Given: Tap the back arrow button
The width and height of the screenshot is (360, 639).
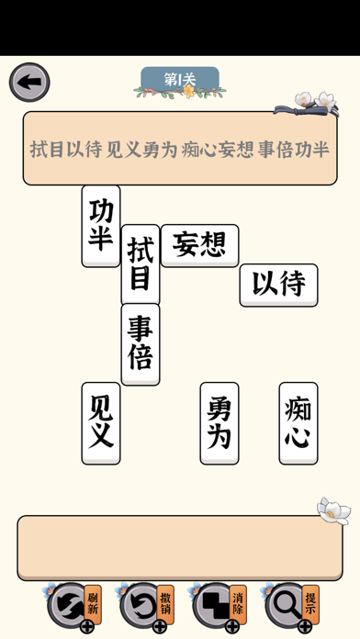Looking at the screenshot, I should tap(28, 83).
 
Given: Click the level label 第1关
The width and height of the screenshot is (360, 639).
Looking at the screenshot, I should tap(180, 80).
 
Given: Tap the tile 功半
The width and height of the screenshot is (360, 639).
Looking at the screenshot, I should tap(101, 226).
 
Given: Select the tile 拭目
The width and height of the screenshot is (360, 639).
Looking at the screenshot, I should tap(141, 264).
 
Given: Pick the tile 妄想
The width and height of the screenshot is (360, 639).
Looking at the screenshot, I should tap(199, 245).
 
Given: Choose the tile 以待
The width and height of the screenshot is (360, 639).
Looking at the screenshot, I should tap(278, 285).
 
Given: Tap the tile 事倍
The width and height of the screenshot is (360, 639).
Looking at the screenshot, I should tap(141, 343).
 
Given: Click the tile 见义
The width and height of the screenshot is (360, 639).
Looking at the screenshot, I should tap(101, 422).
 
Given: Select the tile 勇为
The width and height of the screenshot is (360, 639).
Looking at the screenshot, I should tap(219, 422).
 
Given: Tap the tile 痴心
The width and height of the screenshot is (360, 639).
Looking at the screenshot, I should tap(298, 422).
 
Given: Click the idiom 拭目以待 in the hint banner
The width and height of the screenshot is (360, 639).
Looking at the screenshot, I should tap(65, 150).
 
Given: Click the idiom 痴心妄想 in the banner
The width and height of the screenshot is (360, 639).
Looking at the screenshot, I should tap(218, 150).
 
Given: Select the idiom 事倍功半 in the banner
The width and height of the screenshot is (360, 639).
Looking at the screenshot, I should tap(294, 150).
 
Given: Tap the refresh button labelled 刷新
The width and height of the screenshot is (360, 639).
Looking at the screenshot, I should tap(73, 606).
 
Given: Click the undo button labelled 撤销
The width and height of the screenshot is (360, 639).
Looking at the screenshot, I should tap(147, 606).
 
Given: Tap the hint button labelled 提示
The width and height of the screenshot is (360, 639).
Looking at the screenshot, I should tap(292, 606).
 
